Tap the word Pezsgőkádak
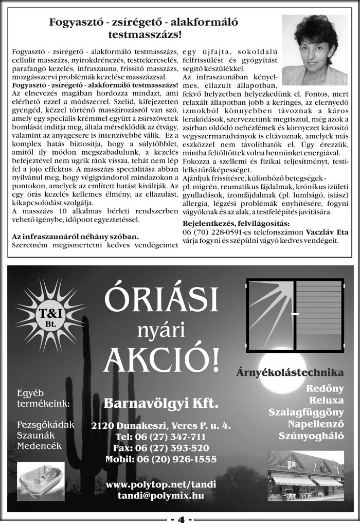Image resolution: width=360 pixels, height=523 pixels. coord(46,425)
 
